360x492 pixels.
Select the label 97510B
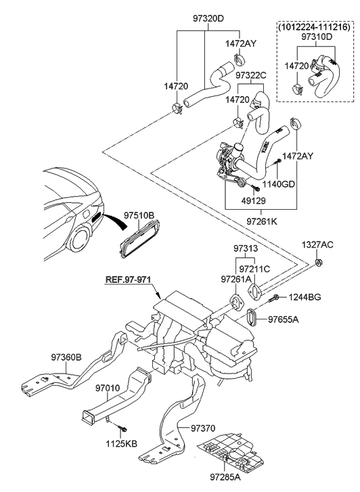[139, 215]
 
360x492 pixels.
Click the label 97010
[108, 388]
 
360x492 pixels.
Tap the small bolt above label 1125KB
[122, 428]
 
